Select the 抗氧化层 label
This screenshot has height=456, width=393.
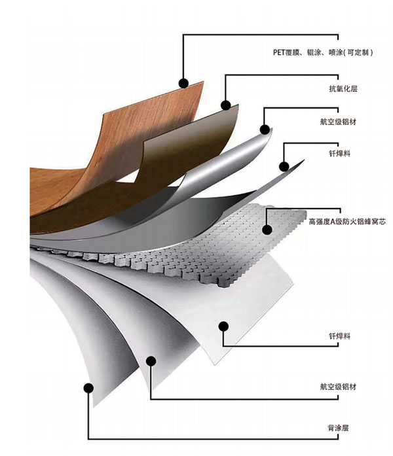(x=341, y=88)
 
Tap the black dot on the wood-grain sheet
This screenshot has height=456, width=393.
(x=184, y=82)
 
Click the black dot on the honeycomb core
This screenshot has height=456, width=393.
(x=267, y=229)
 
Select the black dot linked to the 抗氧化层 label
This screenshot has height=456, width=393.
(x=225, y=104)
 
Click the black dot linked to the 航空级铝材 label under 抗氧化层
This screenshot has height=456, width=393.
(x=266, y=130)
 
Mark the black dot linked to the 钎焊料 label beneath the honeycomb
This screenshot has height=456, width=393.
(x=224, y=325)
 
